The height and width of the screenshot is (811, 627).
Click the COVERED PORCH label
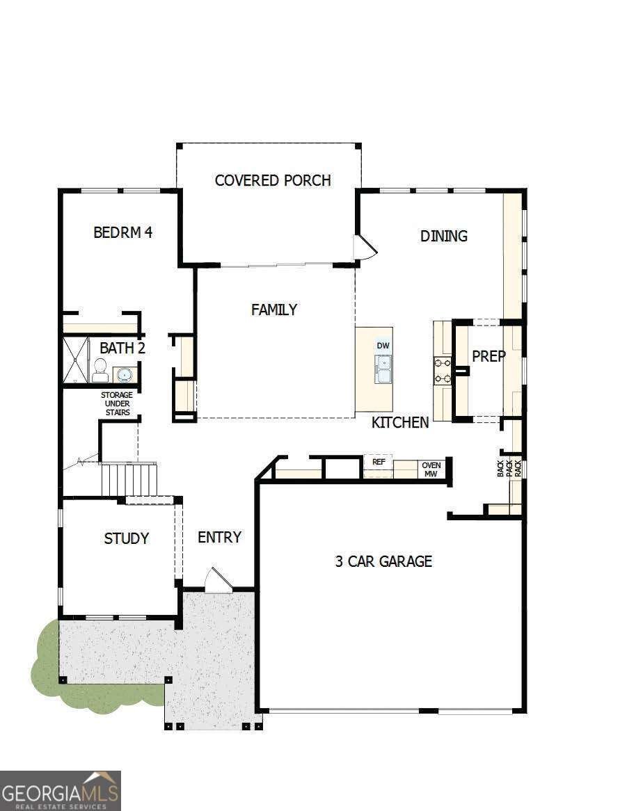[272, 181]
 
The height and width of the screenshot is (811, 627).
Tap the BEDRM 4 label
[122, 232]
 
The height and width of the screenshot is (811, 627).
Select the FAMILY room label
[274, 310]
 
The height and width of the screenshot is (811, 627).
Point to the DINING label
[443, 236]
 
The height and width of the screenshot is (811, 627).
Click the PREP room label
[489, 355]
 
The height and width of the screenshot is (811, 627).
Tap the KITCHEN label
[400, 422]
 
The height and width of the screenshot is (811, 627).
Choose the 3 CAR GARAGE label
[383, 561]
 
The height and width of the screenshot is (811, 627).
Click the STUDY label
[126, 538]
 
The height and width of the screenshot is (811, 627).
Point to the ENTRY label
[219, 537]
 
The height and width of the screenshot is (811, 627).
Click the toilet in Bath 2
[100, 370]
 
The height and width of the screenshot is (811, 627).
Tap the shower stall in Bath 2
[76, 360]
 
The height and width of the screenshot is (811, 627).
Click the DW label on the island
[383, 346]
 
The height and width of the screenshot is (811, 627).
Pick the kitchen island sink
[383, 368]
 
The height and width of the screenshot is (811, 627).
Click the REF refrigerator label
[379, 462]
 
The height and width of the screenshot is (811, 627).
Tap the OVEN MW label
[431, 469]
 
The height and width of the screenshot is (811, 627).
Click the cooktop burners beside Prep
[443, 370]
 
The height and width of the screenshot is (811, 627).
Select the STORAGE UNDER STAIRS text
[117, 403]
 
